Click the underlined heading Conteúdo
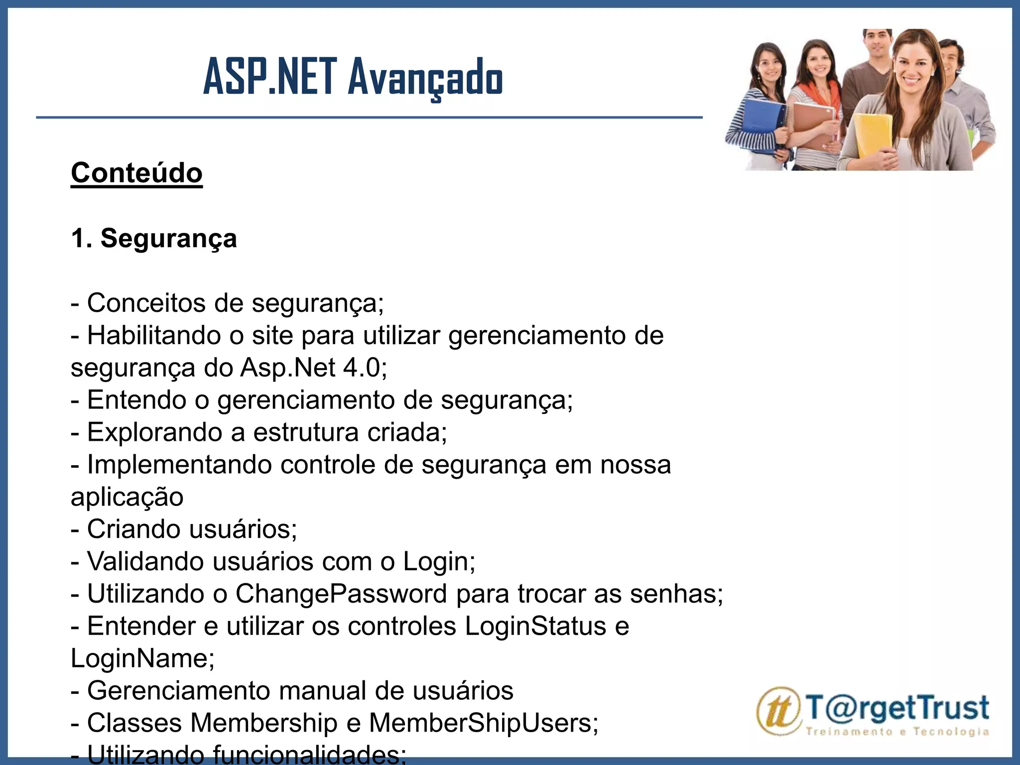(x=136, y=173)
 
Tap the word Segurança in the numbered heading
(x=168, y=238)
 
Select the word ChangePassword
(x=342, y=594)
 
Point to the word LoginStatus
(x=535, y=626)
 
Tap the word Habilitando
(x=154, y=335)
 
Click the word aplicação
(x=127, y=497)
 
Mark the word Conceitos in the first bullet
(x=146, y=303)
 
